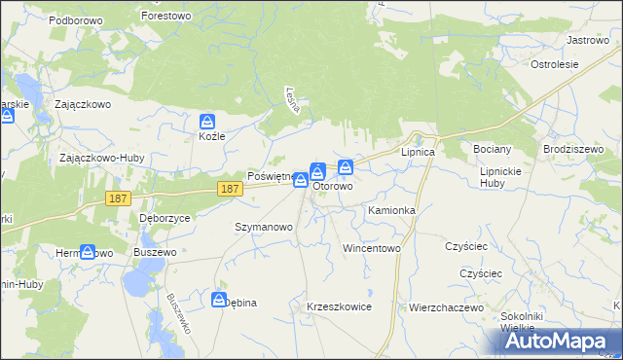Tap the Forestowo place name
coord(166,17)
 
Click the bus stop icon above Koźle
coord(207,121)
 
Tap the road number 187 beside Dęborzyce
coord(117,198)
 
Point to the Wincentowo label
coord(372,248)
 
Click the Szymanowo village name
coord(264,227)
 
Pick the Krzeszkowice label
coord(339,306)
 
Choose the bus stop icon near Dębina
coord(220,299)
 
